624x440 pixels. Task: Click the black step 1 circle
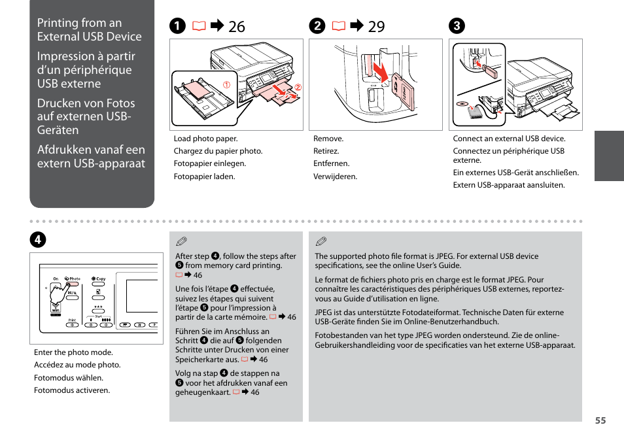(x=177, y=26)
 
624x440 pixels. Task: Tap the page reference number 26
(x=237, y=27)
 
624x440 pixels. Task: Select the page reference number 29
(x=376, y=27)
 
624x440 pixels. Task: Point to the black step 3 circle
(x=455, y=26)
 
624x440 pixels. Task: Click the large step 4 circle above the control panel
(x=40, y=239)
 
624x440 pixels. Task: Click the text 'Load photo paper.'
(x=205, y=139)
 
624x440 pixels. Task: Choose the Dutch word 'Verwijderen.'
(x=335, y=177)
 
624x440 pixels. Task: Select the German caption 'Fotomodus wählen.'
(x=69, y=378)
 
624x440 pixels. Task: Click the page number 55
(x=600, y=420)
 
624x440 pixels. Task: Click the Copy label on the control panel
(x=99, y=279)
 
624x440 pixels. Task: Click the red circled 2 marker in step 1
(x=297, y=88)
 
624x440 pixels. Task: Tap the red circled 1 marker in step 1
(x=227, y=85)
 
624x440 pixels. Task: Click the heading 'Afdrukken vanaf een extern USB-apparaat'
(x=91, y=157)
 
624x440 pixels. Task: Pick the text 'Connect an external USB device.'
(x=509, y=139)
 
